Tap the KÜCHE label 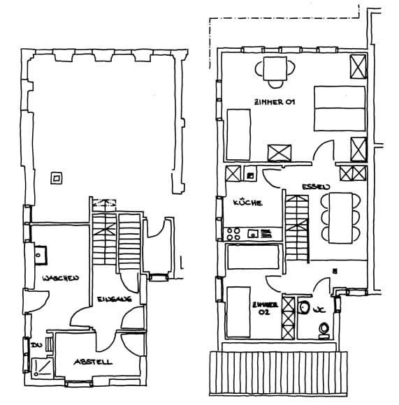point(248,202)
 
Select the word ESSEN point(312,187)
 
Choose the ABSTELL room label point(93,362)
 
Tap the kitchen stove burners point(237,233)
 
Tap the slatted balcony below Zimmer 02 point(278,374)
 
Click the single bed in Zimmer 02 point(238,311)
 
